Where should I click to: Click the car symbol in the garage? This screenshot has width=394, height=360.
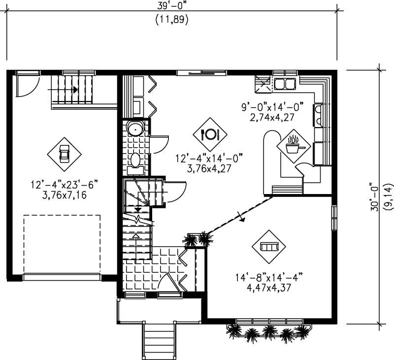pos(64,154)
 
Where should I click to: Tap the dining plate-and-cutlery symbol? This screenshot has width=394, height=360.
pos(210,134)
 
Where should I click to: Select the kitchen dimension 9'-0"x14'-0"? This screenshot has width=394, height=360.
pos(271,107)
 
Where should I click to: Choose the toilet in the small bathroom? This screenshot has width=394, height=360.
pos(135,161)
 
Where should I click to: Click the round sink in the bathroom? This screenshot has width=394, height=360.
pos(134,129)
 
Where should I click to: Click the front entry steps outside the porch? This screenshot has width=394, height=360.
pos(159,340)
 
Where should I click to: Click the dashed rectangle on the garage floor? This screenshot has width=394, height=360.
pos(62,244)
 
